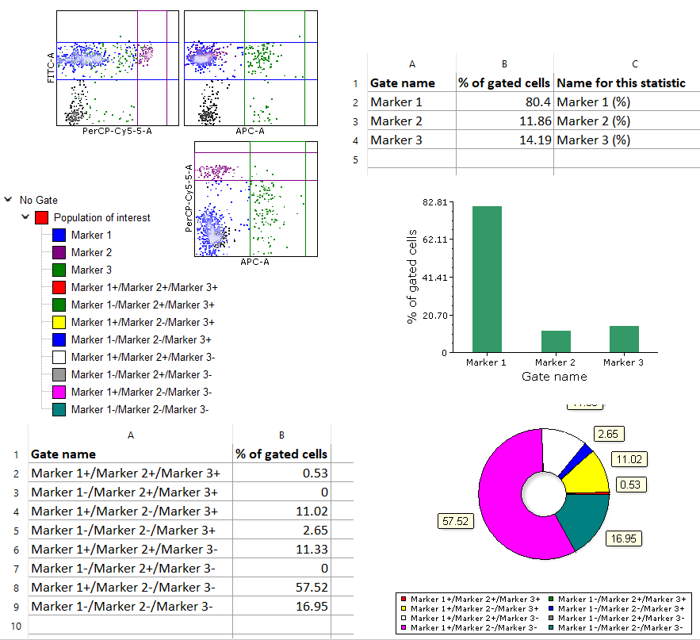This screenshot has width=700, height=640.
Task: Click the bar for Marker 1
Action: pyautogui.click(x=487, y=278)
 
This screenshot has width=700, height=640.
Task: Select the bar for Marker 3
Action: pyautogui.click(x=624, y=339)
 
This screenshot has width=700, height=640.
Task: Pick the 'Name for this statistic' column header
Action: pyautogui.click(x=621, y=82)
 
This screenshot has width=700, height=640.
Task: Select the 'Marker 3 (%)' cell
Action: pyautogui.click(x=593, y=140)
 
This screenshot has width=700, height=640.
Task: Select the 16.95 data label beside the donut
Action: pyautogui.click(x=625, y=539)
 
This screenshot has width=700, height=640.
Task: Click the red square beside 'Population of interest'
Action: pyautogui.click(x=42, y=217)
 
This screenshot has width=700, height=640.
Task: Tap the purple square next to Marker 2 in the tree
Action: pyautogui.click(x=59, y=252)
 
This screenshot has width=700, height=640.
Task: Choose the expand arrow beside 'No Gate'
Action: pyautogui.click(x=8, y=201)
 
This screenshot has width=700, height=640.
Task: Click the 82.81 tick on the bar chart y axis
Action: pyautogui.click(x=437, y=202)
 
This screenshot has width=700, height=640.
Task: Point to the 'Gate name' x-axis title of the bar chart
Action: pyautogui.click(x=554, y=376)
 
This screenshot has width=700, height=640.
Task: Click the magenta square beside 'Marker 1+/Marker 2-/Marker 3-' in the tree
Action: pyautogui.click(x=59, y=392)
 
